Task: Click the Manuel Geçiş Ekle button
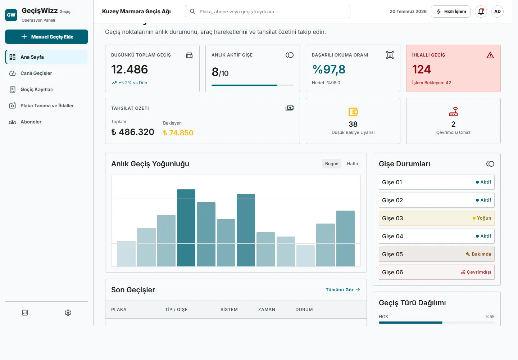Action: tap(46, 37)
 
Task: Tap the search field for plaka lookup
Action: tap(267, 12)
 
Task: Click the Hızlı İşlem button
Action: tap(450, 12)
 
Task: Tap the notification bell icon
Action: tap(481, 12)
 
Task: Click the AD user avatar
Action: tap(497, 12)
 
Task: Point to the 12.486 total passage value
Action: tap(129, 69)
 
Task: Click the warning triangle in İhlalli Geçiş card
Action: tap(490, 55)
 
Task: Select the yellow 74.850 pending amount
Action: tap(178, 132)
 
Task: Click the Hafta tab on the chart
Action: tap(352, 163)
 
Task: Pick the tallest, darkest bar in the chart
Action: tap(186, 228)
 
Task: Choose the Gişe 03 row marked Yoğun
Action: tap(437, 218)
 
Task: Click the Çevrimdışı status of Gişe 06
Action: tap(476, 272)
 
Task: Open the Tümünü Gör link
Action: tap(343, 290)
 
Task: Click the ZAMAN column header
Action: tap(267, 309)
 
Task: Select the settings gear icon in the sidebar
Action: tap(68, 312)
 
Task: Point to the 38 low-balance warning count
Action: tap(353, 124)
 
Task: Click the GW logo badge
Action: tap(11, 15)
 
